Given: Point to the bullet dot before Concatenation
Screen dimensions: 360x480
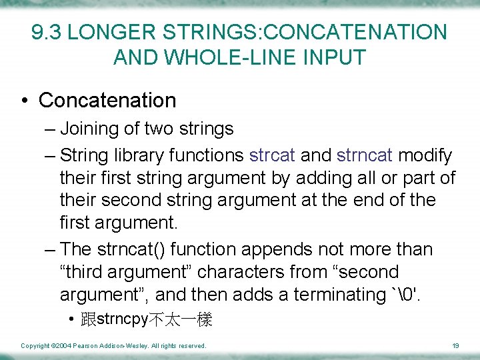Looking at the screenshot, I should click(25, 101).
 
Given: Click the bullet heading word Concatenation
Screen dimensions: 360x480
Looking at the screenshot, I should click(107, 101).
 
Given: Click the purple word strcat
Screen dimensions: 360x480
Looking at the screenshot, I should click(272, 156).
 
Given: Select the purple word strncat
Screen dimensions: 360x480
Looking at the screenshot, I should click(365, 156).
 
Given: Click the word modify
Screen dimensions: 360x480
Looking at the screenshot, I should click(425, 156).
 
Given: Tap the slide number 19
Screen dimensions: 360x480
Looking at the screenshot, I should click(456, 345).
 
